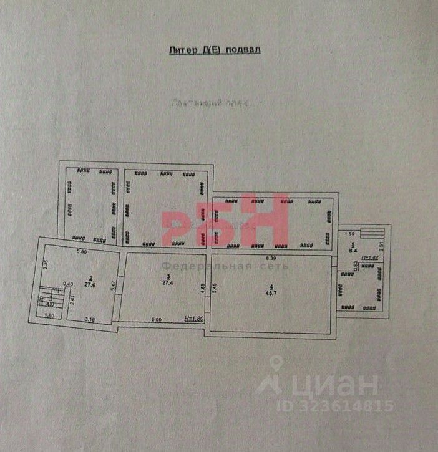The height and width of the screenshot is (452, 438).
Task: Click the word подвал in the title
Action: click(x=243, y=50)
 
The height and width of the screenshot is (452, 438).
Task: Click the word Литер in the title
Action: click(x=183, y=50)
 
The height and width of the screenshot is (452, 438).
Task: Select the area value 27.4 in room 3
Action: click(x=167, y=282)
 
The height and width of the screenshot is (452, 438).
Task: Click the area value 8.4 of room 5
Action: click(x=353, y=250)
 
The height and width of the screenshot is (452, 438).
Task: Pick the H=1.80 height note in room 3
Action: click(x=195, y=319)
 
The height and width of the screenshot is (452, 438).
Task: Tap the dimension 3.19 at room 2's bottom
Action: click(x=90, y=319)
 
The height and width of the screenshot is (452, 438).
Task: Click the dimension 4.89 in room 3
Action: click(x=202, y=290)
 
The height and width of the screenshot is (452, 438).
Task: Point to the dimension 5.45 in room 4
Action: click(x=215, y=289)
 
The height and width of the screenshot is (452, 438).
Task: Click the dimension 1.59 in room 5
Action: click(x=349, y=234)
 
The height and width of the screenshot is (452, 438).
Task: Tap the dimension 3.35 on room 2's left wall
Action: click(x=46, y=264)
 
